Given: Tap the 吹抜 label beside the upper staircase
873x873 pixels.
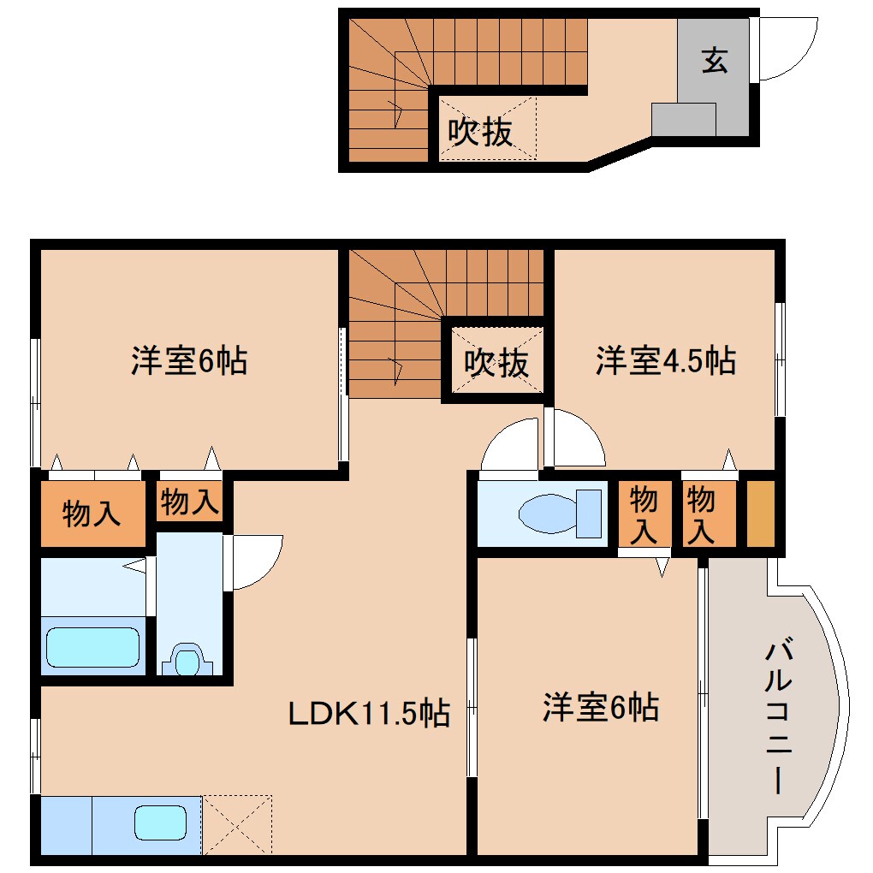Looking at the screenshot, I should tap(481, 132).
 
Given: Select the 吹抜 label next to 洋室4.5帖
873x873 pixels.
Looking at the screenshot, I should tap(496, 363).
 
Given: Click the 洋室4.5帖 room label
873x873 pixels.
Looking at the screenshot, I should tap(666, 361).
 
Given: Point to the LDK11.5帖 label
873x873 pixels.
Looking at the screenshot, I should tap(368, 712).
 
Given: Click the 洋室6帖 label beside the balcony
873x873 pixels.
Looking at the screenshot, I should tap(600, 708).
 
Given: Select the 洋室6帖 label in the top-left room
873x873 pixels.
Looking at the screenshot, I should tap(189, 361).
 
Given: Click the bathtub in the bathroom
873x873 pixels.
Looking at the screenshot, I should tap(92, 647).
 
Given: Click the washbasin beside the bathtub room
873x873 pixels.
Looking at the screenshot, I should tap(187, 661).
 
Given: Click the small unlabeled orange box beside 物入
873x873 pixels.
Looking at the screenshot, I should tap(760, 514).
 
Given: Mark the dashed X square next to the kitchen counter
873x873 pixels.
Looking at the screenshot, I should tap(236, 824).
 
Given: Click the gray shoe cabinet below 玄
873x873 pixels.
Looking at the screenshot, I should tap(683, 120).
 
